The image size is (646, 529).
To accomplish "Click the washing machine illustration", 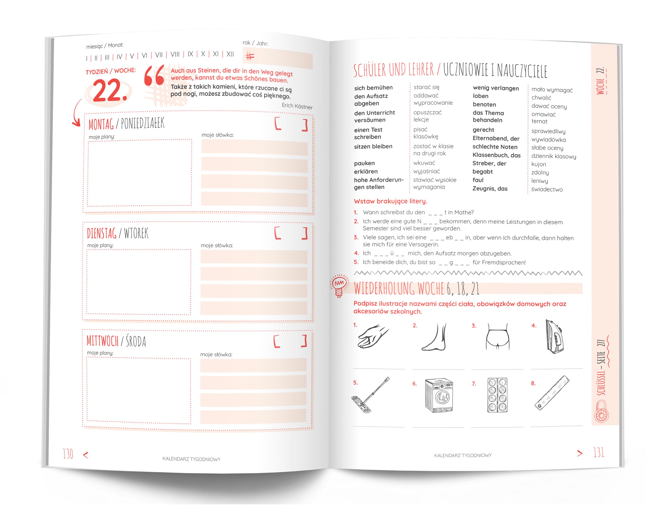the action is point(439,395).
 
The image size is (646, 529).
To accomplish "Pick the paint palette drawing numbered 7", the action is point(497,395).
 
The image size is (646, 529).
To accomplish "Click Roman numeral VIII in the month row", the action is point(175,55).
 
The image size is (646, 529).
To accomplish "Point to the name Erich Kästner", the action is point(297,106).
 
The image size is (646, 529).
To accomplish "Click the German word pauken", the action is point(364,163).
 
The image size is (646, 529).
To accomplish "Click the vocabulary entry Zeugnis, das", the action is point(490,189).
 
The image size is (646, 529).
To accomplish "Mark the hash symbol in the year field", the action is point(250,56).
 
